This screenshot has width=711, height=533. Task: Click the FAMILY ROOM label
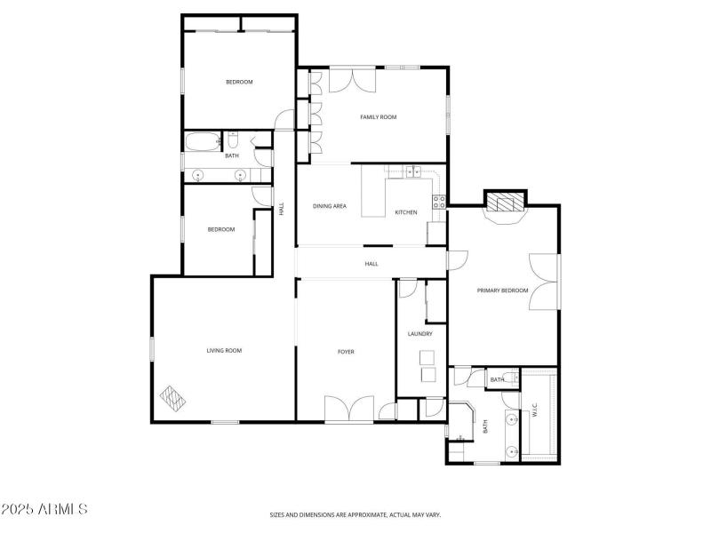pos(378,117)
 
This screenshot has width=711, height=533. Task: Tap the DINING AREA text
pos(329,206)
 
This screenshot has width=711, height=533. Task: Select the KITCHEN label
pos(406,212)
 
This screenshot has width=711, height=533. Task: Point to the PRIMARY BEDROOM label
pos(502,290)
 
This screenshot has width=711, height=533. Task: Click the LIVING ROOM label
pos(224,350)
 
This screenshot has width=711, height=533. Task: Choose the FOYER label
pos(346,352)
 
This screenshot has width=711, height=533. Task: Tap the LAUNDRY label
pos(419,334)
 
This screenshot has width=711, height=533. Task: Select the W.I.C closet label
pos(534,411)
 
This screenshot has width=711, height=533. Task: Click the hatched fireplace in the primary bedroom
pos(505,203)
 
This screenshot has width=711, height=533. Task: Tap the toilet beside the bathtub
pos(232,140)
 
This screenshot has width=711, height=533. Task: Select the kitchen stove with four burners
pos(437,202)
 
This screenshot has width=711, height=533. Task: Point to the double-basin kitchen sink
pos(413,172)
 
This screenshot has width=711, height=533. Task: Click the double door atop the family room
pos(353,79)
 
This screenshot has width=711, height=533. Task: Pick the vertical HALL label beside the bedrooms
pos(282,210)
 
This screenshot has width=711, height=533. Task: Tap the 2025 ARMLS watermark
pos(44,510)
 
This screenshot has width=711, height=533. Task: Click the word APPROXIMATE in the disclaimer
pos(365,514)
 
